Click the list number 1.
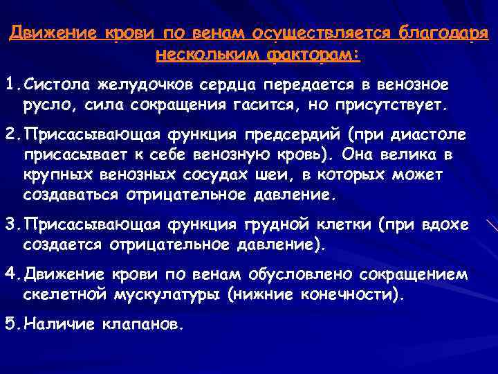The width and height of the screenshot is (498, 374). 9,84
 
